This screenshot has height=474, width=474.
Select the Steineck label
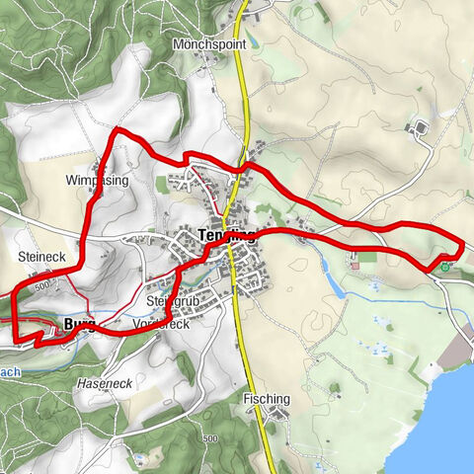(40, 256)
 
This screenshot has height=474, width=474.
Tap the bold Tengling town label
(226, 236)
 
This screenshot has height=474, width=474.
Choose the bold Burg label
(77, 323)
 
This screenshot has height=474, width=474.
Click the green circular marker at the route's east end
(446, 265)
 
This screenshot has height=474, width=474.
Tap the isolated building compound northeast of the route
(419, 128)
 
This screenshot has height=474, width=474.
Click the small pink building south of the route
(353, 265)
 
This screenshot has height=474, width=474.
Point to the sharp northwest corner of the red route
(118, 130)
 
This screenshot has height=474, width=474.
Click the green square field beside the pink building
(366, 258)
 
